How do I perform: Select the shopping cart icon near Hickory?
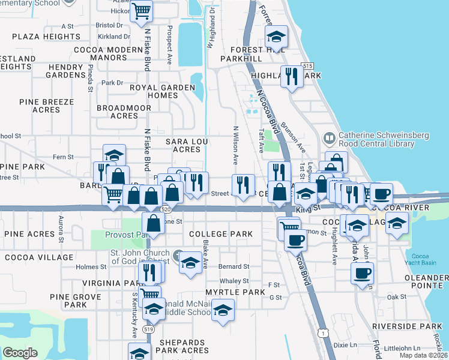(x=141, y=10)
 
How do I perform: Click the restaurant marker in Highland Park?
(x=292, y=76)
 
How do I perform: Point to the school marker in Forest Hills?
(x=276, y=37)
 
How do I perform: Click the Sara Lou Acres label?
(x=182, y=145)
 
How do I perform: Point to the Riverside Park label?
(x=415, y=326)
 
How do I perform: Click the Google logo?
(x=20, y=353)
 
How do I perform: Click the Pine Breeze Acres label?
(x=47, y=106)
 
